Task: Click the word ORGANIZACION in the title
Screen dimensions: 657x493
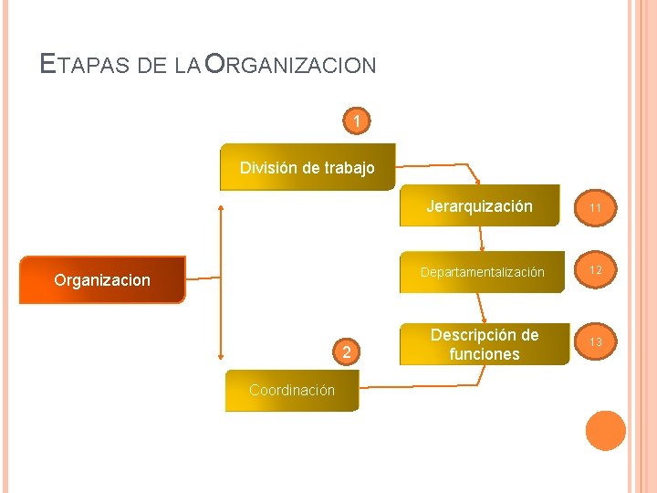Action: click(291, 65)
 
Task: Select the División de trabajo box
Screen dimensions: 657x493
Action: click(308, 167)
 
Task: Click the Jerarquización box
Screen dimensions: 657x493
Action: click(479, 205)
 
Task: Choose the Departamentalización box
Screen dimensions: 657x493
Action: click(482, 272)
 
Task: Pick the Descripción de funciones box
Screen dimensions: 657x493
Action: click(484, 344)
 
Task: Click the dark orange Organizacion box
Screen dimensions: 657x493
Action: click(101, 279)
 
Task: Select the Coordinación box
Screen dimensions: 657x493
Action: click(292, 390)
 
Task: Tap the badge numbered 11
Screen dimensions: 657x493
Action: click(595, 208)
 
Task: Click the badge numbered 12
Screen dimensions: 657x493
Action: click(595, 270)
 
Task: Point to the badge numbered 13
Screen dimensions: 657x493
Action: click(595, 341)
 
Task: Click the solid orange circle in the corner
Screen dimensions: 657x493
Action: click(605, 430)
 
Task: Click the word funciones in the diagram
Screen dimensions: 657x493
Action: click(484, 354)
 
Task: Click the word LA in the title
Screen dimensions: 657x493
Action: click(186, 66)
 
